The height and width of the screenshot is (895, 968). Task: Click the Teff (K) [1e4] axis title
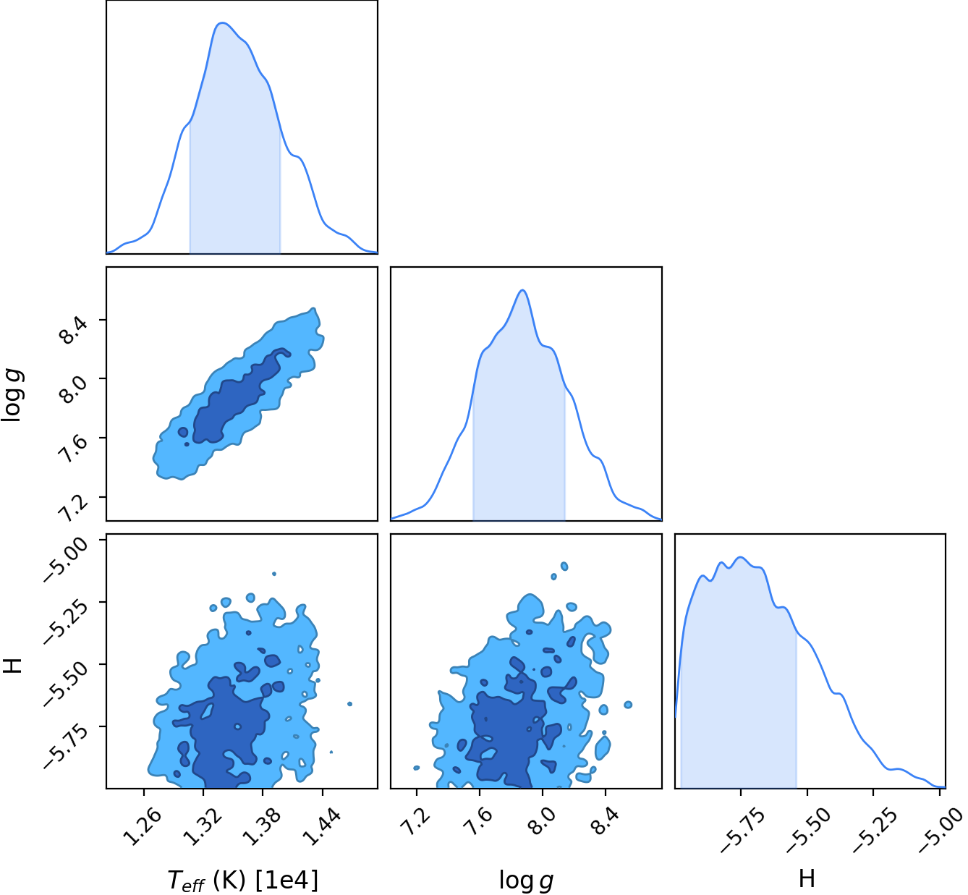(x=242, y=881)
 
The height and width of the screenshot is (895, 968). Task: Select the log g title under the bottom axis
(x=526, y=881)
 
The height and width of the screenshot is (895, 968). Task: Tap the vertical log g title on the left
(x=12, y=395)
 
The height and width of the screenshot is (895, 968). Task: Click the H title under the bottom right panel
(x=807, y=878)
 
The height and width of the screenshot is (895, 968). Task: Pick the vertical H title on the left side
(x=12, y=666)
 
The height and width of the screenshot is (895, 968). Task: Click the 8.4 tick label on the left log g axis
(x=72, y=330)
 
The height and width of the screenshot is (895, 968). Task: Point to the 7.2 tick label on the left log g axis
(x=72, y=507)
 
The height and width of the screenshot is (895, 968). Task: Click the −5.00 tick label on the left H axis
(x=65, y=559)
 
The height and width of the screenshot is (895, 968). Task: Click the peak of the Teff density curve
(x=222, y=23)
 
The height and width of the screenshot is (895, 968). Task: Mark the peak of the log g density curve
(x=522, y=290)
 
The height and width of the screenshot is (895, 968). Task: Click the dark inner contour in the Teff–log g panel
(x=234, y=399)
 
